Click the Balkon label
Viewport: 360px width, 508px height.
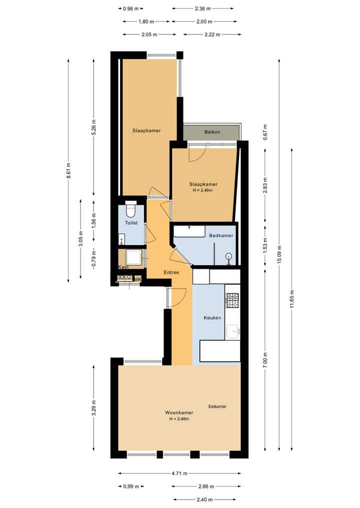pos(212,132)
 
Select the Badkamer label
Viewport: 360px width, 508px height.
pos(221,235)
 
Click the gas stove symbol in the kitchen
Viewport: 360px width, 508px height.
pos(232,300)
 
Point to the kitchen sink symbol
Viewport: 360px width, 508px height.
pos(232,331)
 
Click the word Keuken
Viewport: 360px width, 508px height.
pos(212,318)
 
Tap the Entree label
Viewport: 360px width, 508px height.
pos(171,272)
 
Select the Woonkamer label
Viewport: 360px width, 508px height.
pos(179,413)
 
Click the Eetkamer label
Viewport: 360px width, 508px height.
pos(217,407)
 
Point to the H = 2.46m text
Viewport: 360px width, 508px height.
pos(202,190)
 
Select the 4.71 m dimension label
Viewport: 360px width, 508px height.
pos(179,474)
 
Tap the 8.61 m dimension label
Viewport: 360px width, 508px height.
pos(68,170)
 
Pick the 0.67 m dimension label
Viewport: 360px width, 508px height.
pos(265,132)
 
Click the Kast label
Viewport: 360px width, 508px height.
pos(123,267)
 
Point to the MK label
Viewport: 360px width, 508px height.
pos(137,280)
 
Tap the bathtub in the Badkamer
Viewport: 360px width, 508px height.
pos(188,231)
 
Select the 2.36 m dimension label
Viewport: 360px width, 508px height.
pos(202,8)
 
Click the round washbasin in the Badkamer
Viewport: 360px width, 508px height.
pos(229,257)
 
